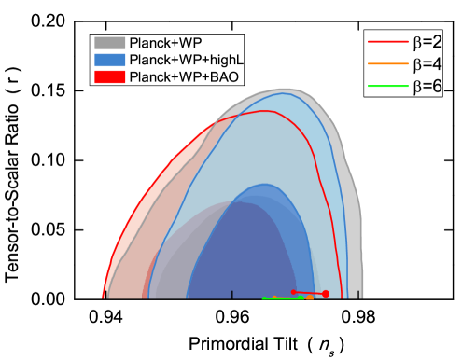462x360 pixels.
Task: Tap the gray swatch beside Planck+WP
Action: click(x=109, y=43)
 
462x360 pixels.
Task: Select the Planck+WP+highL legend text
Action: click(x=186, y=60)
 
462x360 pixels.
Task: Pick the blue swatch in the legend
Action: click(x=109, y=60)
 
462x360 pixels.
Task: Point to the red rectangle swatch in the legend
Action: click(x=109, y=76)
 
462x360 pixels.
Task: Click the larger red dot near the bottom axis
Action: click(x=326, y=294)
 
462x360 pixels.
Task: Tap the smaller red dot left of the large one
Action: click(x=294, y=292)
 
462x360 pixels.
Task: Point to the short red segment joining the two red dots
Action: click(x=310, y=293)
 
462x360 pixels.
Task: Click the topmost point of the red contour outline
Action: click(x=266, y=110)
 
